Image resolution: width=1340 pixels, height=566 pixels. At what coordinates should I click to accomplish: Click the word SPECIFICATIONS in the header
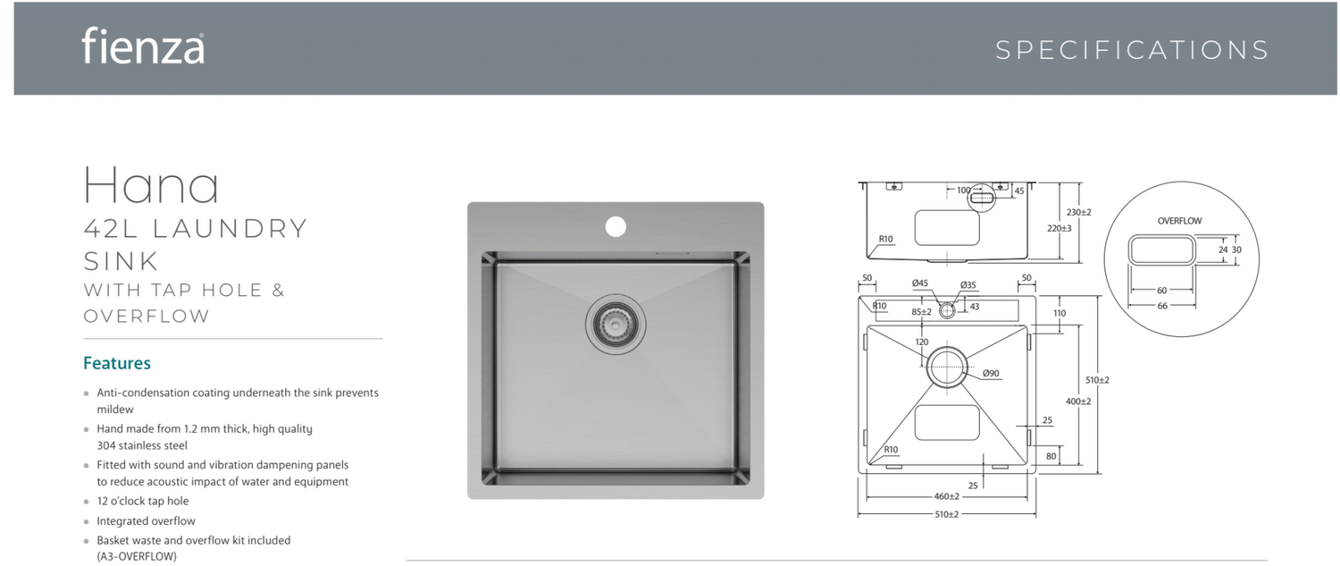1132,50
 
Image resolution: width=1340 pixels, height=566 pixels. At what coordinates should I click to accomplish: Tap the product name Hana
151,184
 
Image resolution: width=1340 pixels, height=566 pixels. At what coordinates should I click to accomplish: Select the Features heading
117,363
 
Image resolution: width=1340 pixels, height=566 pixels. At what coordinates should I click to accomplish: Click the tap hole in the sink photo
616,226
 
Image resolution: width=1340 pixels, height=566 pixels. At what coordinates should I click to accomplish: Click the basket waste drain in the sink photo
616,324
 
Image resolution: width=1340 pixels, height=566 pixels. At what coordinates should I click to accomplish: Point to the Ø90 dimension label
991,373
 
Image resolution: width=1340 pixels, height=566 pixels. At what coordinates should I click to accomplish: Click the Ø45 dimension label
920,283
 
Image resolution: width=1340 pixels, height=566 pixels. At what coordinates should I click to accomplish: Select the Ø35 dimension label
967,285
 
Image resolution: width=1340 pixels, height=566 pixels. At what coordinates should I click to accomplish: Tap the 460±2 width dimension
946,496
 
